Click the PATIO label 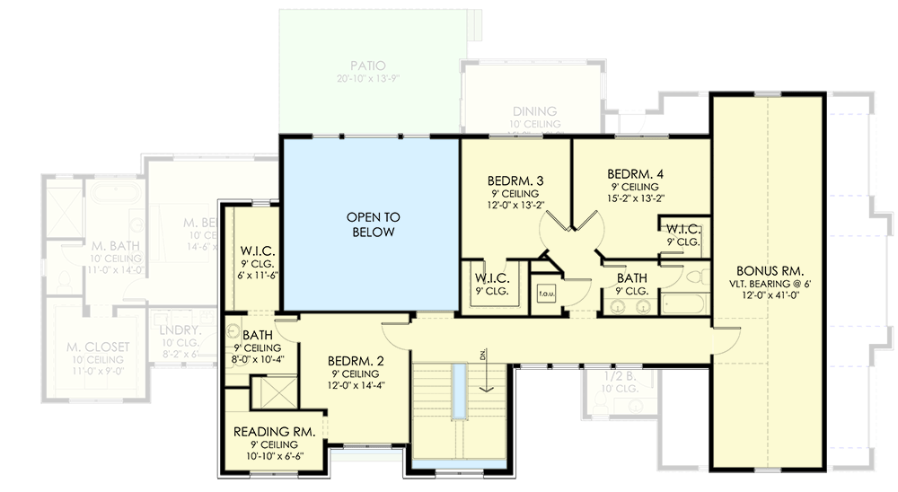(x=368, y=66)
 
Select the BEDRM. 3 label (x=515, y=180)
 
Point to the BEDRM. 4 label (x=635, y=174)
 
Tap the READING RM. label (x=275, y=432)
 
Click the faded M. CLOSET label (x=96, y=347)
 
